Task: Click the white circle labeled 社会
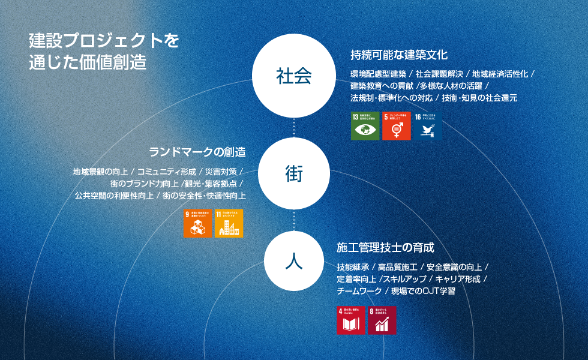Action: pos(294,76)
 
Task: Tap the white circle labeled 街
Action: pos(294,174)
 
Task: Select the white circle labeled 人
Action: pos(294,261)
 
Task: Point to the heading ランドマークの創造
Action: pos(197,151)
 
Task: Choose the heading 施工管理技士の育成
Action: pos(385,247)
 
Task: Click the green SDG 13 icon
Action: pos(365,125)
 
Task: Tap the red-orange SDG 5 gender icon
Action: pos(396,125)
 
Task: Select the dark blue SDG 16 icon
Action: pos(427,125)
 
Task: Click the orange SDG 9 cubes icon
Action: pos(197,223)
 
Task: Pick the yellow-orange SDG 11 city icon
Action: pos(229,223)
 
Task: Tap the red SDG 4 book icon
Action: pos(351,320)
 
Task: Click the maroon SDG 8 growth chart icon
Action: pos(382,320)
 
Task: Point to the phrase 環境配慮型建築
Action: pos(379,74)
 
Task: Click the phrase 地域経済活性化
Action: pos(500,74)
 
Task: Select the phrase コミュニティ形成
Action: pos(167,172)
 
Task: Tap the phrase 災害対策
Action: pos(221,172)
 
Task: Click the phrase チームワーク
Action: pos(359,291)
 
